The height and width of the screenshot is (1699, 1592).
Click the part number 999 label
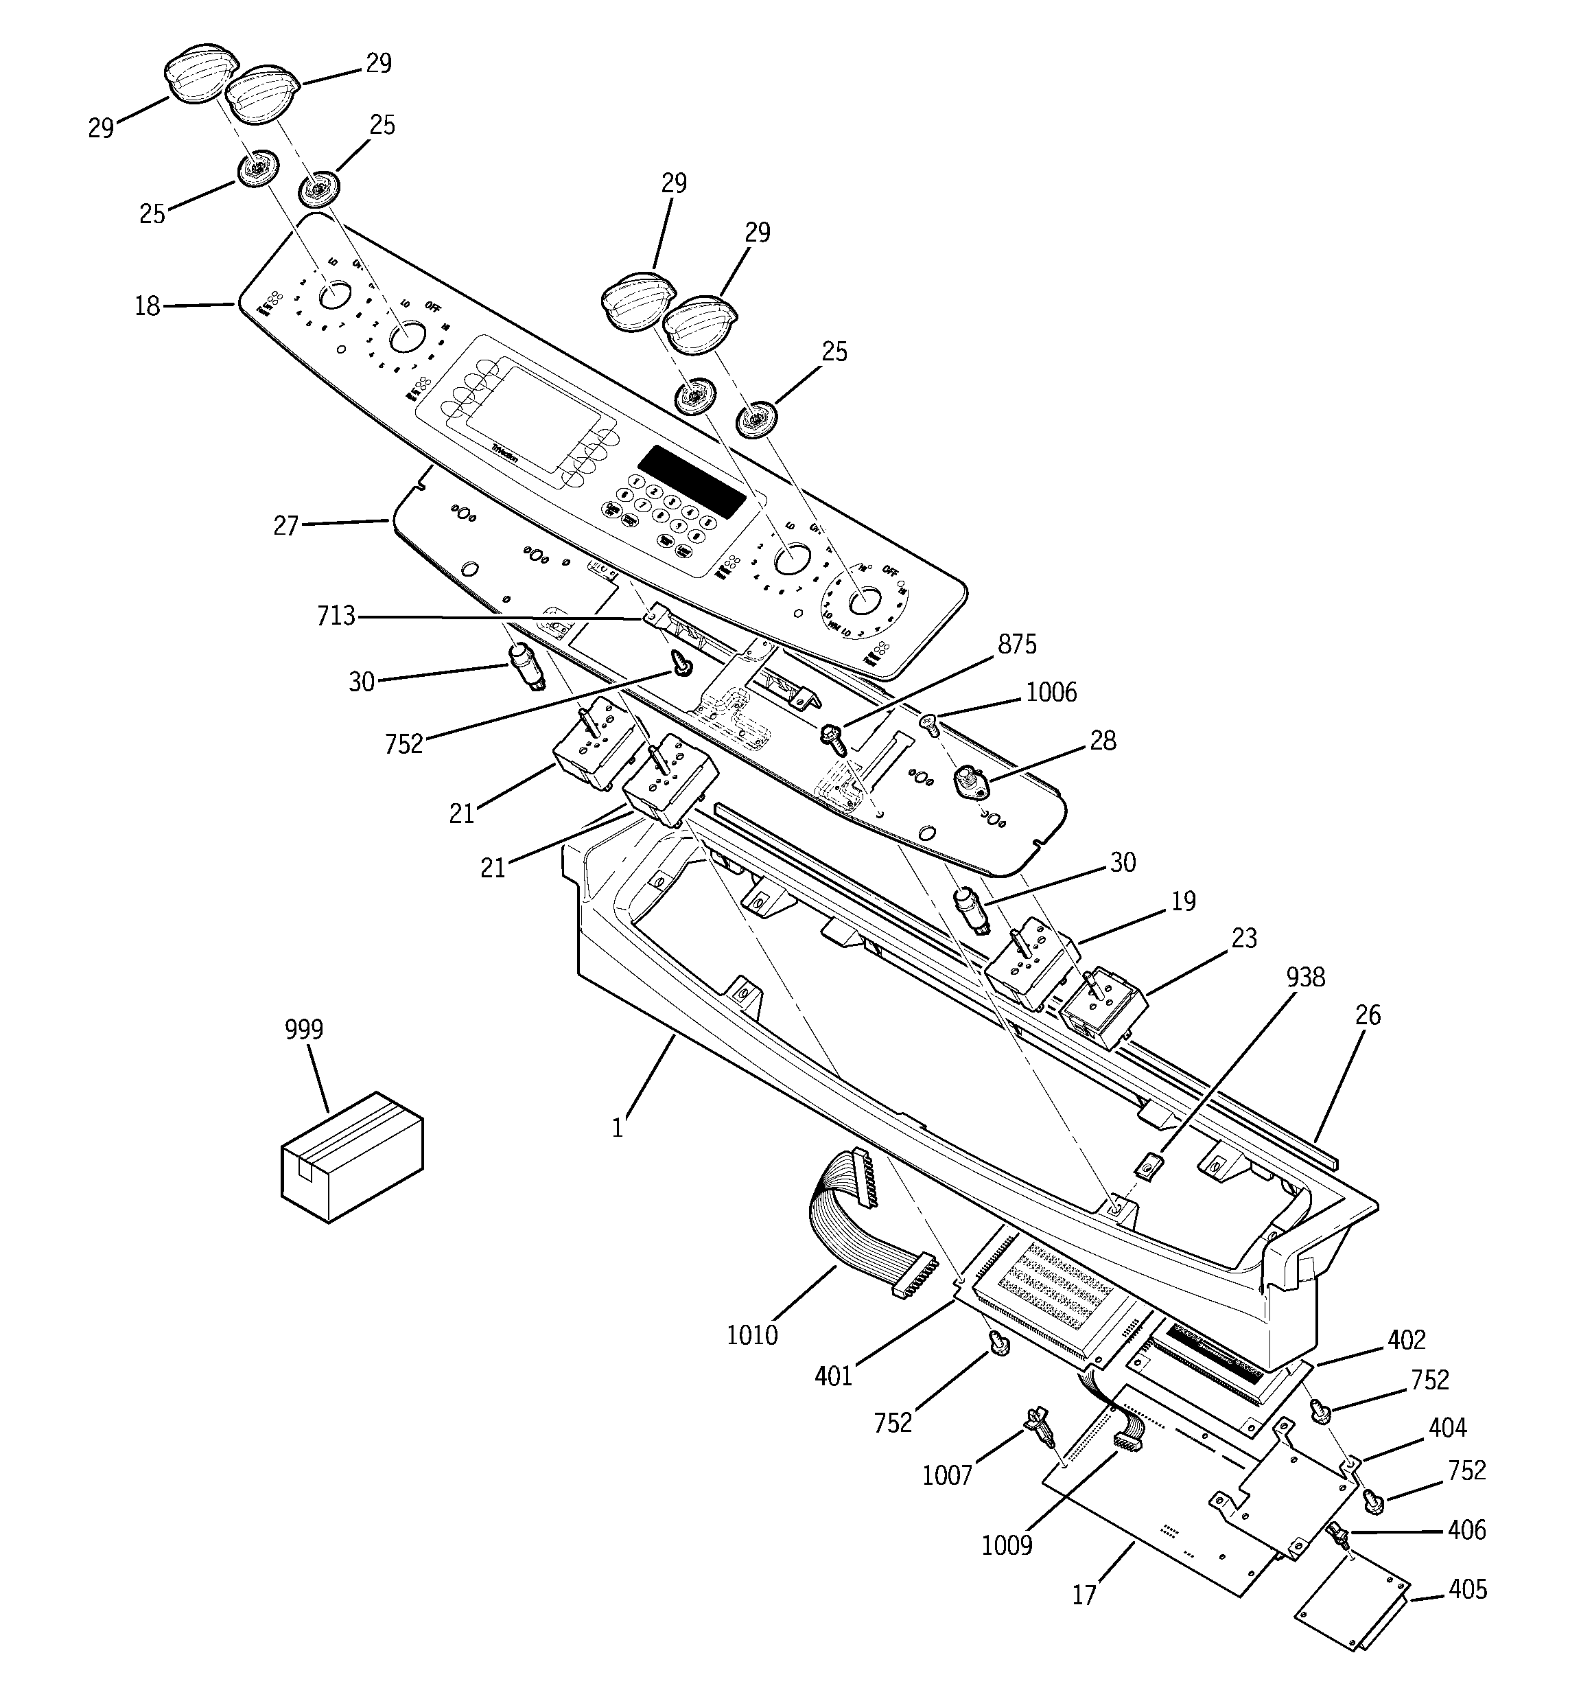click(304, 1030)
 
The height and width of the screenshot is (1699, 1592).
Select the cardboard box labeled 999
click(351, 1157)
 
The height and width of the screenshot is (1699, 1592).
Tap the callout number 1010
click(752, 1335)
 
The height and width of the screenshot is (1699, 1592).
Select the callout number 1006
click(1051, 692)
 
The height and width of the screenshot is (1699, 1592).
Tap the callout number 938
click(1305, 978)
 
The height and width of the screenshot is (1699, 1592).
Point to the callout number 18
click(147, 305)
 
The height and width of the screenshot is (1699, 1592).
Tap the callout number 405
click(1467, 1590)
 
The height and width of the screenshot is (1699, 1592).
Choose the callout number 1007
click(947, 1475)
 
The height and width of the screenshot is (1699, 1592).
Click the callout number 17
click(1084, 1595)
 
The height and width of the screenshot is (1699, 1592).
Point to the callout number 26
click(1367, 1015)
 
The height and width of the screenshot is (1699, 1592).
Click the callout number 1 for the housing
click(617, 1128)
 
